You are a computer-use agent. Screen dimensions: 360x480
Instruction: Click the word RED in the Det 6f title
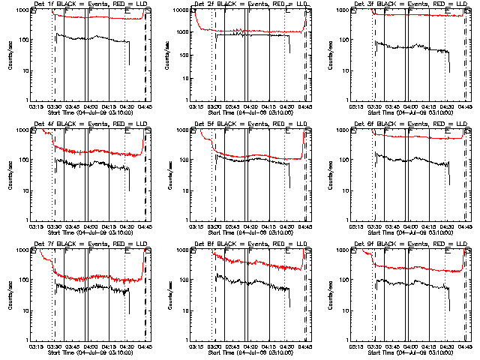pos(431,124)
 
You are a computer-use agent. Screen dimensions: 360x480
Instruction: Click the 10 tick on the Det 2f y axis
pos(186,70)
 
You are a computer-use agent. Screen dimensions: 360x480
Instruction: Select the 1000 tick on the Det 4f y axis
pos(22,130)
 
